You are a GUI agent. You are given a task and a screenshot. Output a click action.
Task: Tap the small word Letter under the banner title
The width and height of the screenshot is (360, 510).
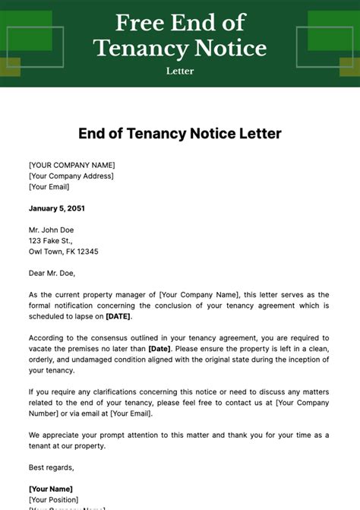[180, 71]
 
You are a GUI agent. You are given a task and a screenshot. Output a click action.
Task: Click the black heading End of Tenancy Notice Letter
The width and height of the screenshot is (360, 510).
[180, 134]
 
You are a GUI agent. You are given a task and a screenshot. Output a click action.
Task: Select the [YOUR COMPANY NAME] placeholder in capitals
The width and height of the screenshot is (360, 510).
[72, 165]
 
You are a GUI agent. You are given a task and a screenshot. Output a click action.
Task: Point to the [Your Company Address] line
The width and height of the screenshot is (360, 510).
[71, 176]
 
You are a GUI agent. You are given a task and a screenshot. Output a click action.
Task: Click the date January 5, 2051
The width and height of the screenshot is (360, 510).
[58, 208]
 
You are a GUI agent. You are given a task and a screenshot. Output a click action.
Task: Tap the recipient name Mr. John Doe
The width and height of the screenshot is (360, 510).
[52, 230]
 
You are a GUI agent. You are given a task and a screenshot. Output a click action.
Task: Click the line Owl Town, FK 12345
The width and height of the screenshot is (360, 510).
[64, 252]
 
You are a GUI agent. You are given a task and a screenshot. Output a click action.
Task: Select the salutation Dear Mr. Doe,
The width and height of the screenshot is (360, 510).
[52, 273]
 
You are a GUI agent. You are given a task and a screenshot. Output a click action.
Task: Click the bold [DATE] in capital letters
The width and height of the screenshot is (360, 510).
[118, 316]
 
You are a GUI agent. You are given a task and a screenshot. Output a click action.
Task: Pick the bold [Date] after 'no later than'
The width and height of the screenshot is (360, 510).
[160, 349]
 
